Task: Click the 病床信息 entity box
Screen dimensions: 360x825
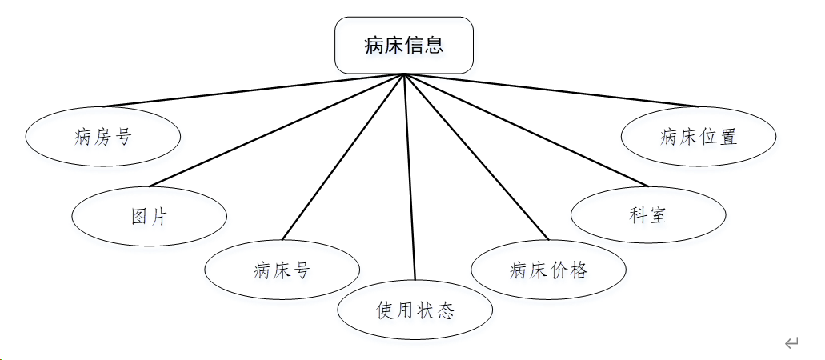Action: pos(404,46)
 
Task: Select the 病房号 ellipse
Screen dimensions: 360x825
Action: pos(102,137)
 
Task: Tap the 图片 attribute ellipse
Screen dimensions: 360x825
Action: pos(149,216)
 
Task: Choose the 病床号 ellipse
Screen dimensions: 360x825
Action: pos(282,270)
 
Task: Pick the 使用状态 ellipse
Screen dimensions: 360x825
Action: pos(415,310)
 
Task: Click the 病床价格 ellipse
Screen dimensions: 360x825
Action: pos(548,270)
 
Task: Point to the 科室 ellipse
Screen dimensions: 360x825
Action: pos(648,215)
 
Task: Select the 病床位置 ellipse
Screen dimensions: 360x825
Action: pos(699,137)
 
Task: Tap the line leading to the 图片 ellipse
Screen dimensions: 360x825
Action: pos(276,130)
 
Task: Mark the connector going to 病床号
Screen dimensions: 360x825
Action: pos(342,158)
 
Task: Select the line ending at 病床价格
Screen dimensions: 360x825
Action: pos(477,157)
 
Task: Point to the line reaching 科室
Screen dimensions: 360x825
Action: pos(526,130)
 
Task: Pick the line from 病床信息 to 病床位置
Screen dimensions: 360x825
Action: pos(552,90)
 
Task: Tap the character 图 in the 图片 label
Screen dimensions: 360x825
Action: pos(140,216)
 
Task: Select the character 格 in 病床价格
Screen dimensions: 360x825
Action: pos(578,270)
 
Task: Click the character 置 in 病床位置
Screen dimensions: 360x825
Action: pos(727,137)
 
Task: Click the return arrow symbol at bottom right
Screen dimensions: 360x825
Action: pos(791,344)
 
